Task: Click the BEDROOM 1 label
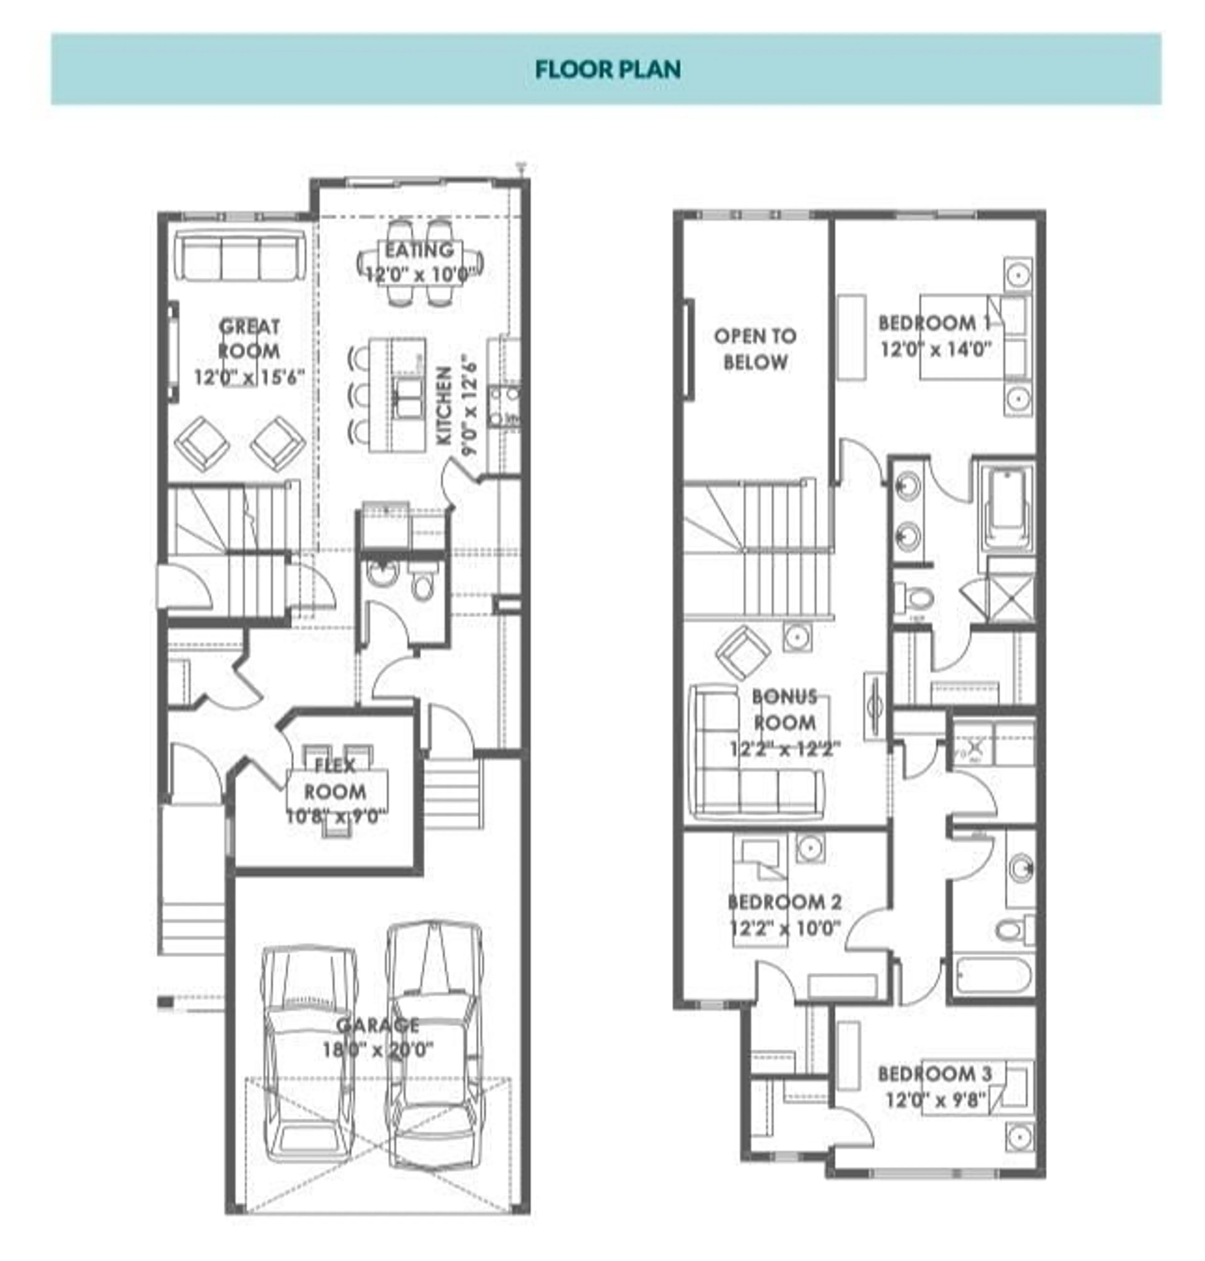click(935, 323)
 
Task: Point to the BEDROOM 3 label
click(935, 1073)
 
